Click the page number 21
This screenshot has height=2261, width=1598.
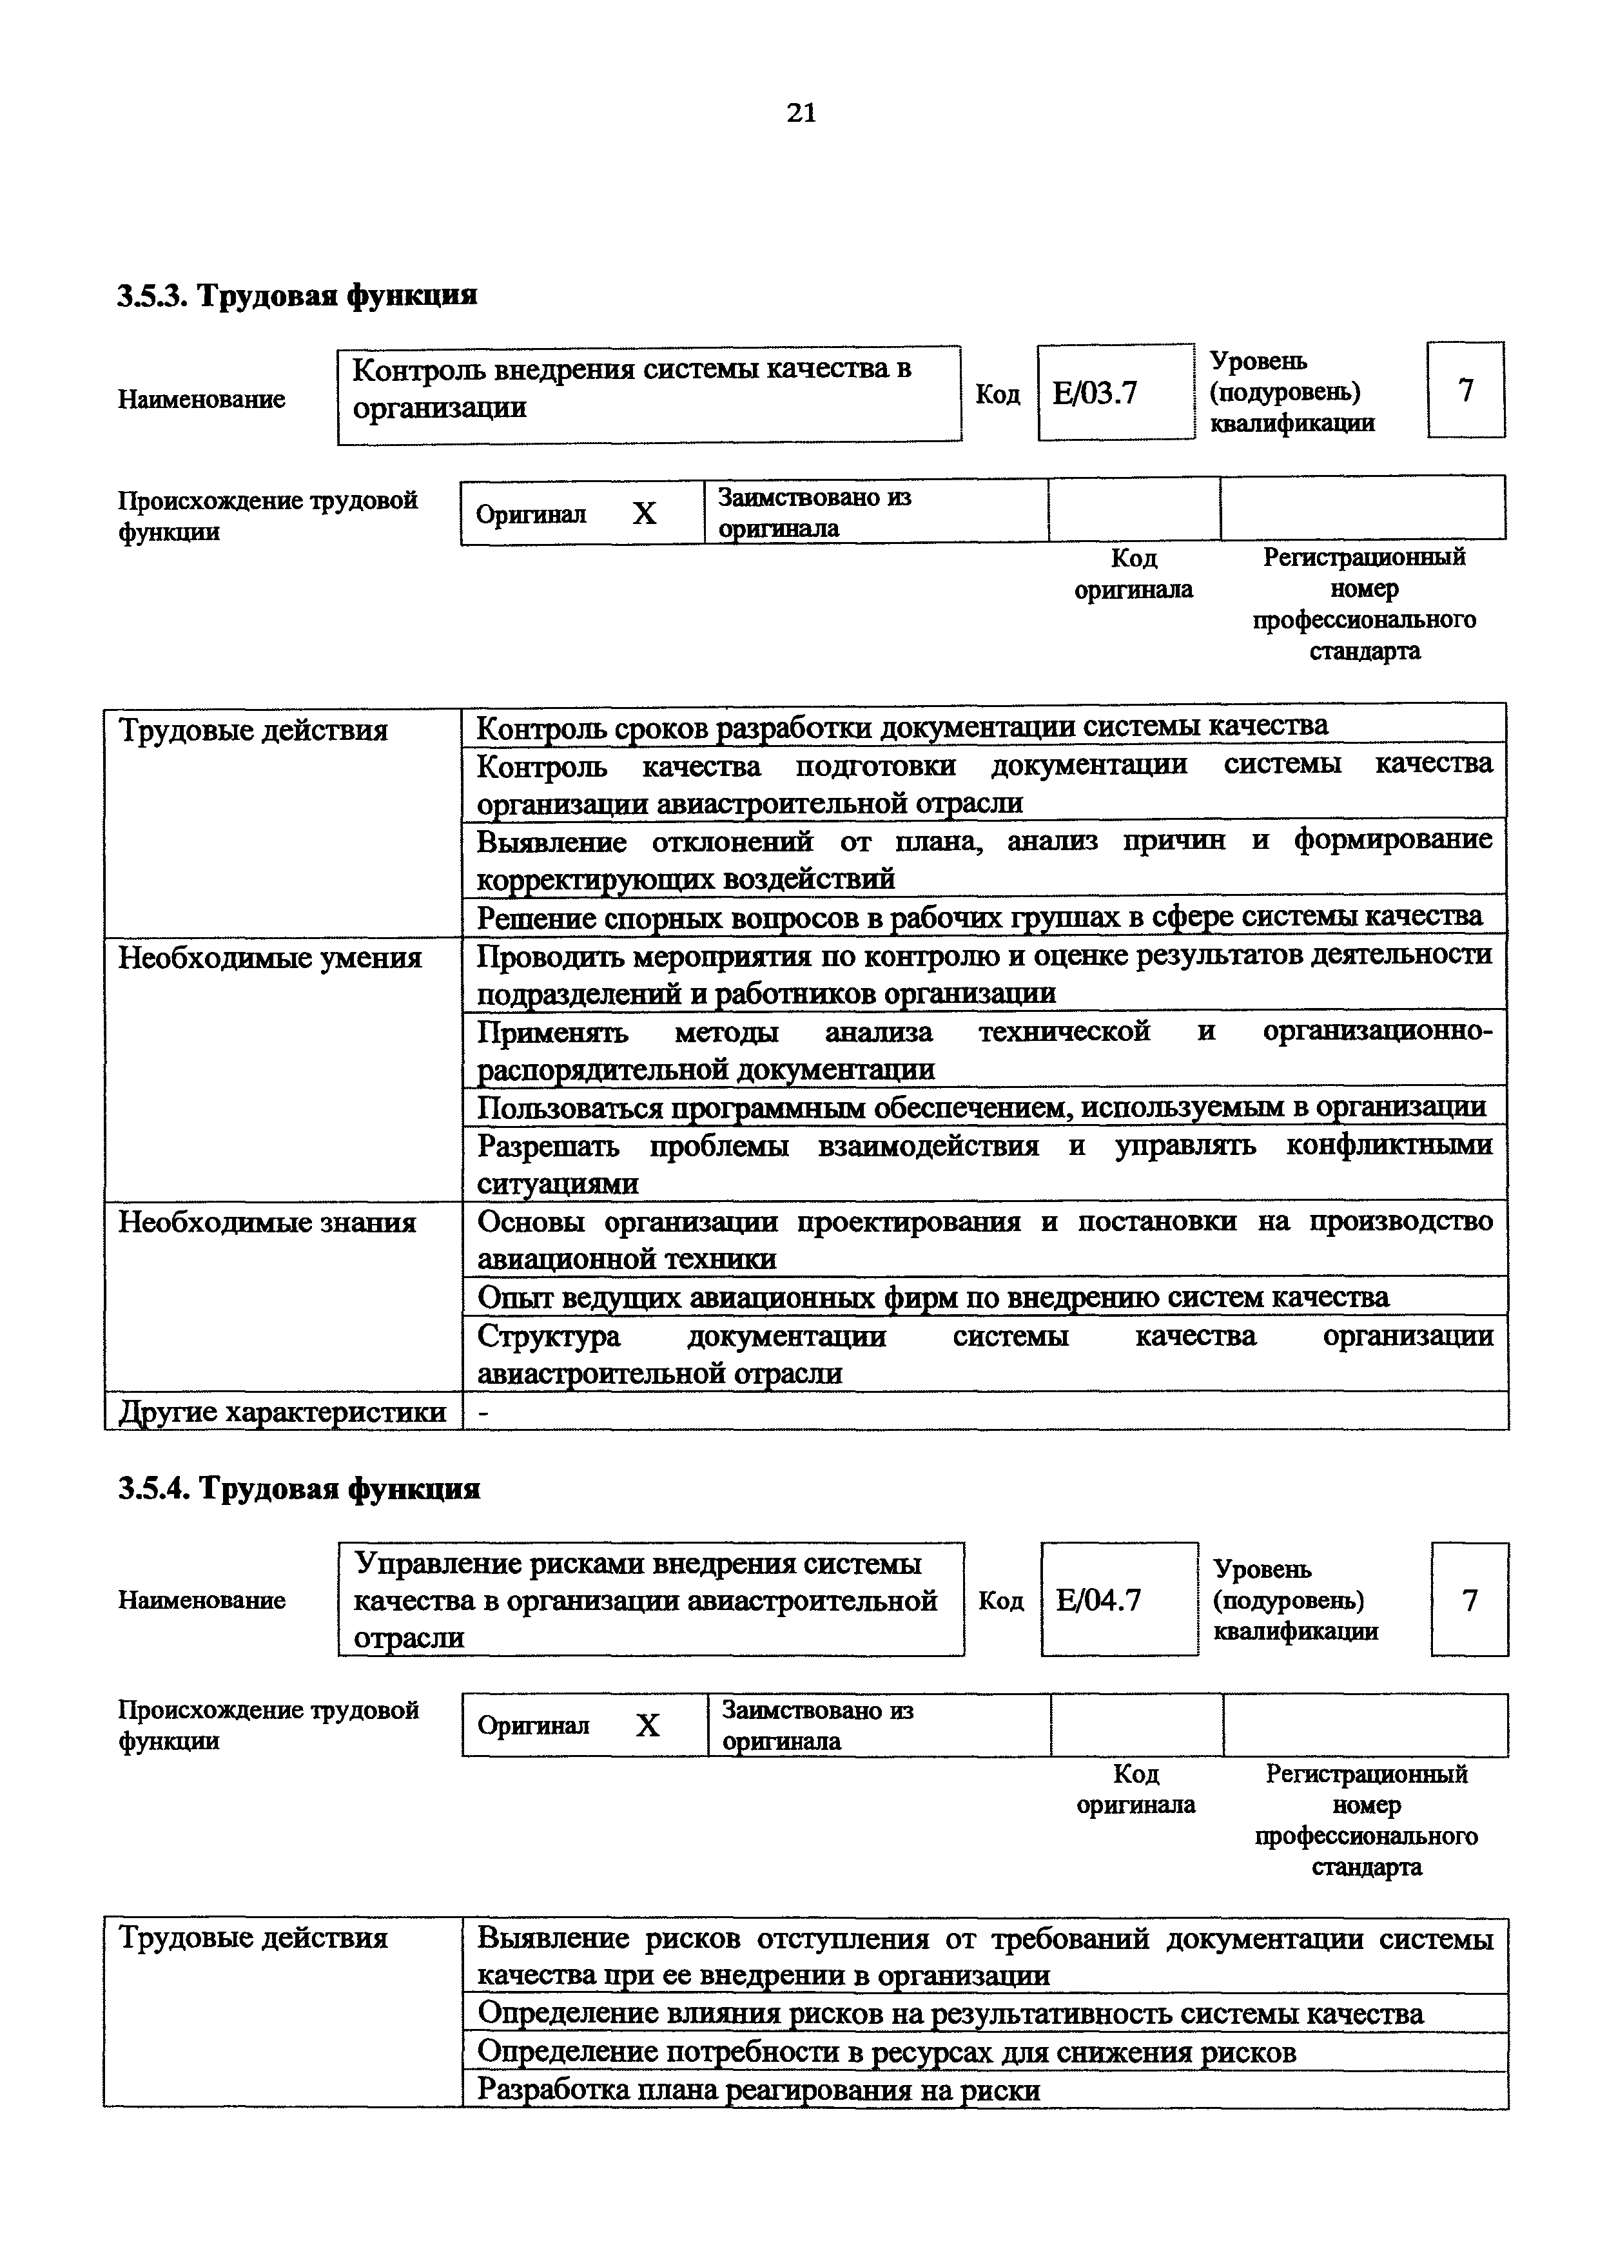click(801, 114)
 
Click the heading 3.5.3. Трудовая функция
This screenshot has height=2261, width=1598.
click(297, 295)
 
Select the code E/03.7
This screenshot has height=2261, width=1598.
click(1095, 394)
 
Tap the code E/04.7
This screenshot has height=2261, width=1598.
click(1098, 1600)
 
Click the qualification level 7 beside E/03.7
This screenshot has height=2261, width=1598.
click(1465, 391)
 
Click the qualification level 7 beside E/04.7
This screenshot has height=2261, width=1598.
click(1469, 1600)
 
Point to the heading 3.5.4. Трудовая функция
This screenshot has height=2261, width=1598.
click(299, 1488)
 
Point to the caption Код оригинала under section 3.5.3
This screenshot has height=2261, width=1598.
click(1133, 574)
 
